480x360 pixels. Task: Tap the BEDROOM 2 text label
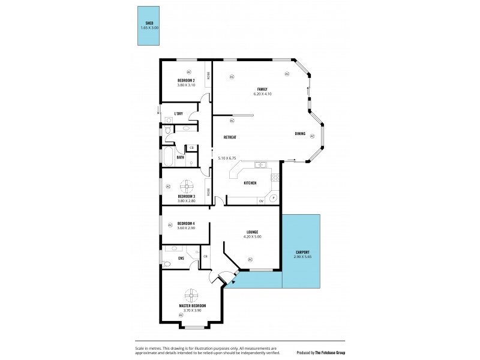pyautogui.click(x=186, y=80)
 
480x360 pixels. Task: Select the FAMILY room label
pyautogui.click(x=262, y=89)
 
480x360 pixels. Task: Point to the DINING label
pyautogui.click(x=300, y=133)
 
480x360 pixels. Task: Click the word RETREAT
pyautogui.click(x=230, y=137)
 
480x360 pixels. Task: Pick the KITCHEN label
pyautogui.click(x=250, y=183)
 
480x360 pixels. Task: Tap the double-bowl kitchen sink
pyautogui.click(x=260, y=165)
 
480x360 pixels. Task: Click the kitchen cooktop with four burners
pyautogui.click(x=275, y=178)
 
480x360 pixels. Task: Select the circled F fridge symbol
pyautogui.click(x=273, y=197)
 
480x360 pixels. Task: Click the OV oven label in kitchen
pyautogui.click(x=261, y=201)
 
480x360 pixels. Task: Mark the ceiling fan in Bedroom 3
pyautogui.click(x=190, y=185)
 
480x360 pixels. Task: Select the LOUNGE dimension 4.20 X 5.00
pyautogui.click(x=251, y=236)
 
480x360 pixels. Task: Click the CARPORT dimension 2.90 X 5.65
pyautogui.click(x=302, y=256)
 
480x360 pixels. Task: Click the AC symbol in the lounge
pyautogui.click(x=250, y=259)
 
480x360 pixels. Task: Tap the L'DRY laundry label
pyautogui.click(x=178, y=113)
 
